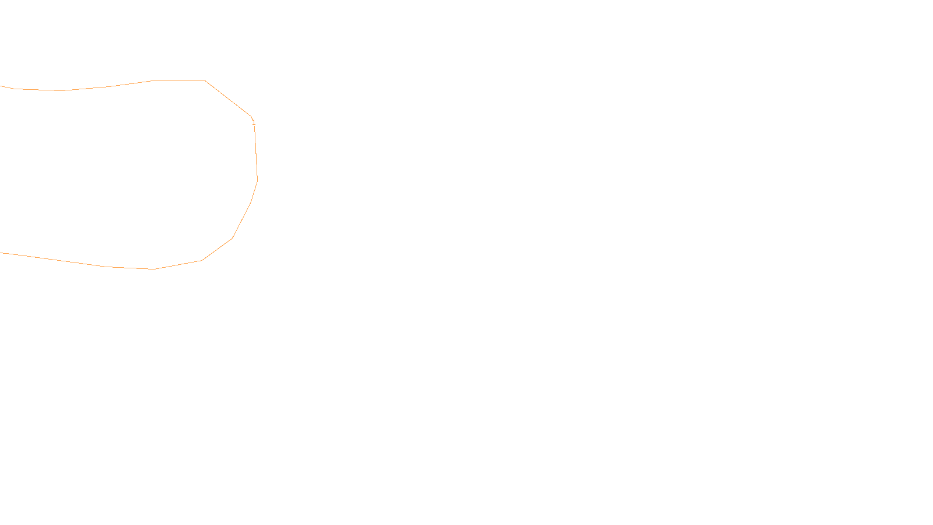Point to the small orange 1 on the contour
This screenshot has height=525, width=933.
254,122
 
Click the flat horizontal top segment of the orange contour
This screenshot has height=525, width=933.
181,80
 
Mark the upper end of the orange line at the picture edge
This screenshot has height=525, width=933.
1,86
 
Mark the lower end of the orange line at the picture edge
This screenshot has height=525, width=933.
1,253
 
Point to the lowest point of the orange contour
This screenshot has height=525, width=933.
155,269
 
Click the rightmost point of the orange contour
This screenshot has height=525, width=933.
257,181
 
